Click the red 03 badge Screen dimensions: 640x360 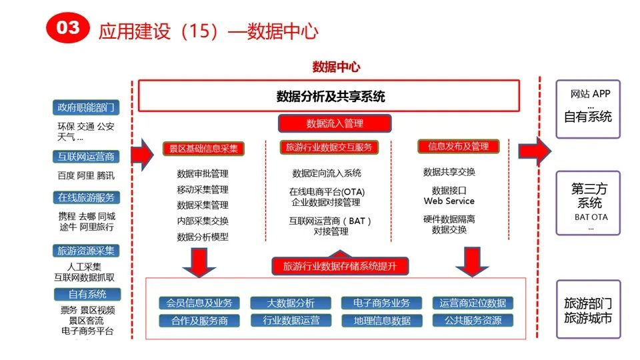(67, 28)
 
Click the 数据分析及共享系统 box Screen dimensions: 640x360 (330, 96)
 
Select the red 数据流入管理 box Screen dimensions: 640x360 (334, 123)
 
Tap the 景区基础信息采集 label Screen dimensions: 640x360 (204, 148)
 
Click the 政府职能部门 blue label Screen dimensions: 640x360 (86, 107)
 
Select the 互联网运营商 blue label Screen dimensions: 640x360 (86, 157)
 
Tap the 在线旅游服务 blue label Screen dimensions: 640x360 (86, 197)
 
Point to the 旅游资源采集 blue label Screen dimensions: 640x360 (86, 251)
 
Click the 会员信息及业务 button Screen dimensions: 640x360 (199, 303)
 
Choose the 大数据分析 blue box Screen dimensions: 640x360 (291, 303)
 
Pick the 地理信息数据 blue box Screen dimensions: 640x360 (382, 321)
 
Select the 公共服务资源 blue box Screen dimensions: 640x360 (473, 321)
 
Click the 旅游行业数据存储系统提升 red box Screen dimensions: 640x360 (340, 266)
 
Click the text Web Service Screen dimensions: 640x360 (449, 201)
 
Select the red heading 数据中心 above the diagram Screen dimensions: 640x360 (336, 67)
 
